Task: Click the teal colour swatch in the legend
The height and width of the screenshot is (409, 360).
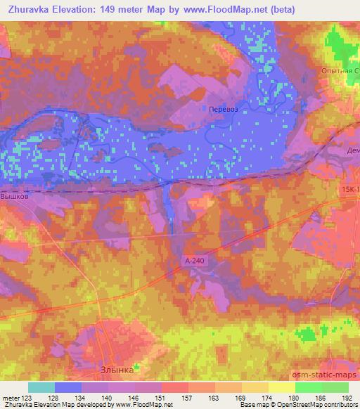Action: click(41, 387)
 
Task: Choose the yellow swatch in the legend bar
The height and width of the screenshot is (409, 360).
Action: click(282, 387)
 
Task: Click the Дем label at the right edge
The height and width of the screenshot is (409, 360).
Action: click(354, 151)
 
